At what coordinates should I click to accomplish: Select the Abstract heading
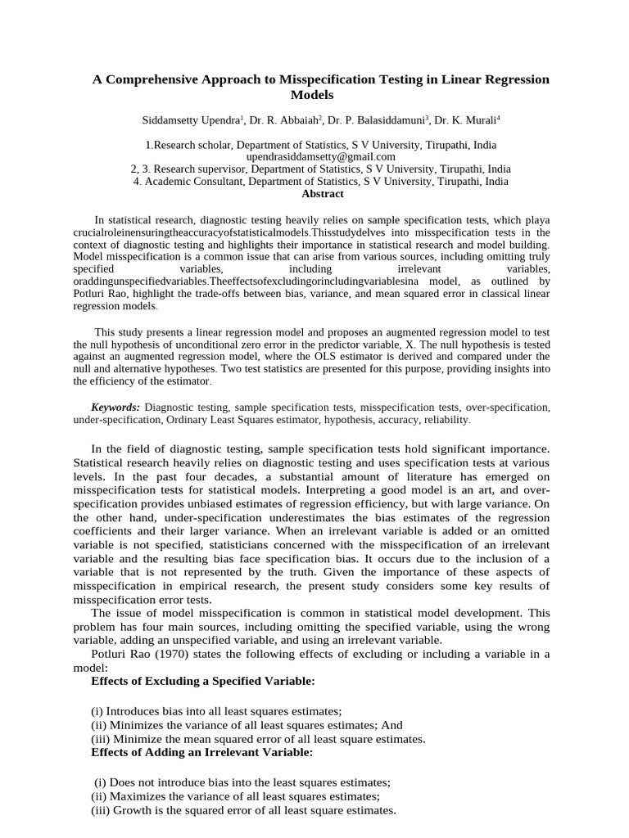click(323, 194)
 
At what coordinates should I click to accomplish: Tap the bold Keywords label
click(115, 407)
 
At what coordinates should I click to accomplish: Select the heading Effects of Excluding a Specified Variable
click(202, 681)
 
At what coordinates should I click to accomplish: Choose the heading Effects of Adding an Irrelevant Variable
click(201, 752)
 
